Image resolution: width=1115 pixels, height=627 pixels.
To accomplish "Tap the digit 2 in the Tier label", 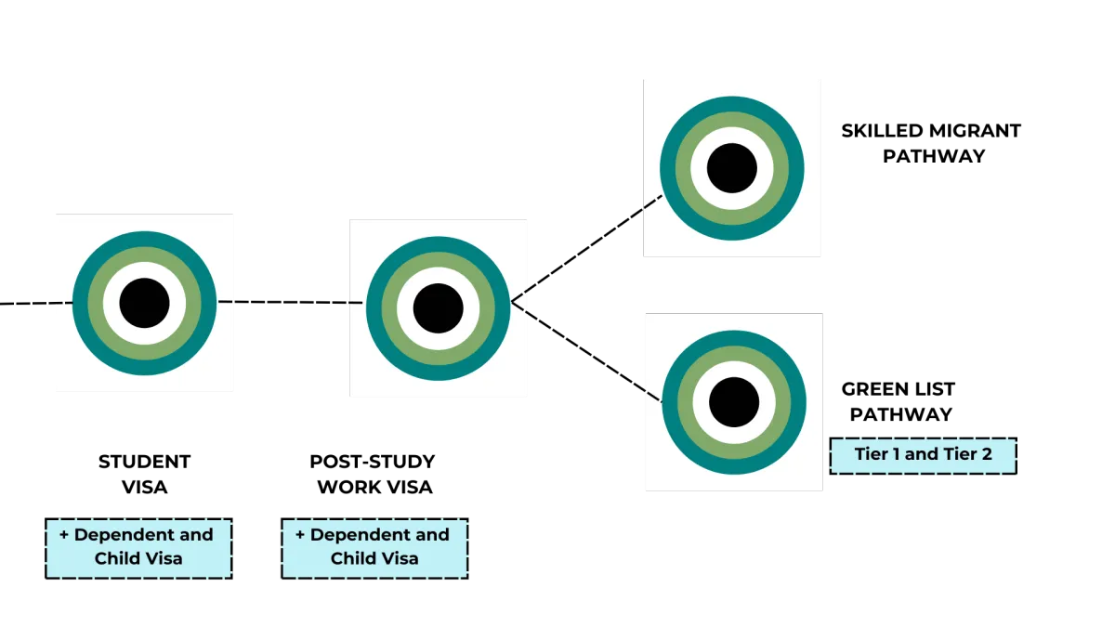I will click(986, 455).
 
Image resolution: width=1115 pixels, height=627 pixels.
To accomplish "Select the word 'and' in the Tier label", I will click(921, 455).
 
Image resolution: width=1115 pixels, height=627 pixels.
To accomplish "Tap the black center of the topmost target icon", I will click(732, 168).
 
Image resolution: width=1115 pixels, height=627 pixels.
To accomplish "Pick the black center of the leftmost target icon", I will click(144, 303).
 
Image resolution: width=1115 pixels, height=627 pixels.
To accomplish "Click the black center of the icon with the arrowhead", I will click(438, 308).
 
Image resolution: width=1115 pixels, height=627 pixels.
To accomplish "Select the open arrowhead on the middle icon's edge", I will click(518, 302).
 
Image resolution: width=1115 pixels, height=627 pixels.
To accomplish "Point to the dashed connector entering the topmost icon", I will click(651, 202).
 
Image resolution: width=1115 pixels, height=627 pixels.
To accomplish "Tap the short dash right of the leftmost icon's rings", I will click(228, 302).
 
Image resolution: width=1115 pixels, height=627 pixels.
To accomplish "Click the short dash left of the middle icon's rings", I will click(355, 303).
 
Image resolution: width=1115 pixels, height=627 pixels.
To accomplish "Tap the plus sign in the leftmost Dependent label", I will click(64, 535).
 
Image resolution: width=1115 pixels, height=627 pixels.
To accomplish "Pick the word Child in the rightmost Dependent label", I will click(352, 558).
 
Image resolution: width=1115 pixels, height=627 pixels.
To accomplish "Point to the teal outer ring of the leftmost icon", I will click(81, 303).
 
